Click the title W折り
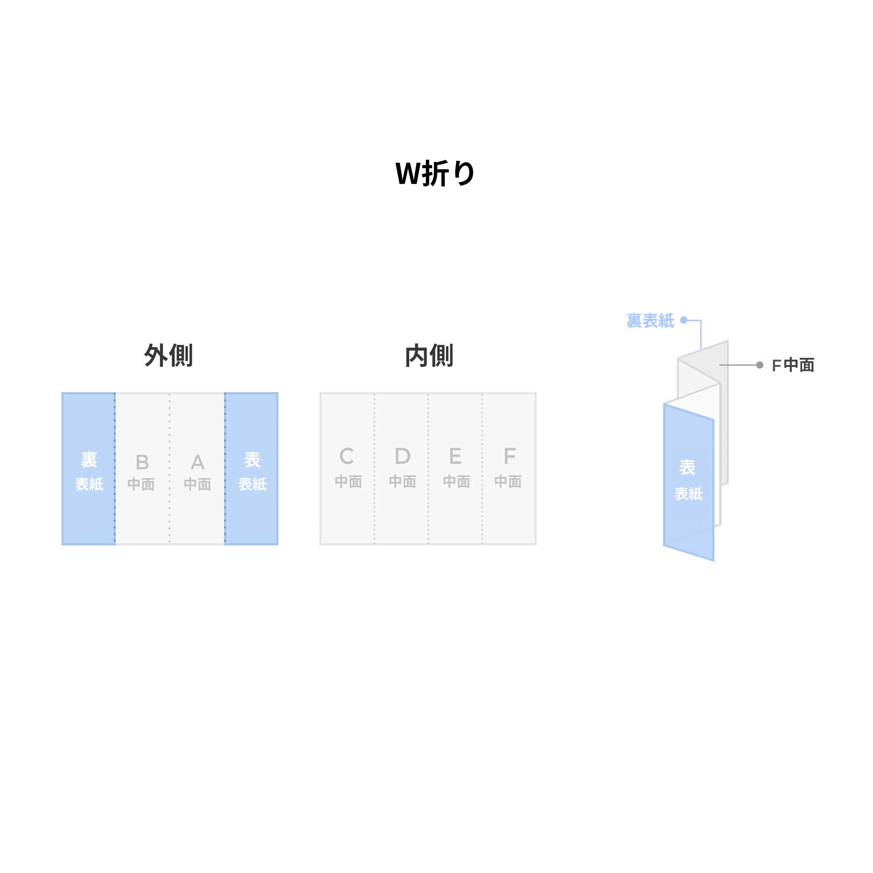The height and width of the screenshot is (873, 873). [435, 173]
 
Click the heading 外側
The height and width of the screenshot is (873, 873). [168, 355]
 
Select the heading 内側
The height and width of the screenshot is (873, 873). [429, 355]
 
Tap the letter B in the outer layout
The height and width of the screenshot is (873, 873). [142, 462]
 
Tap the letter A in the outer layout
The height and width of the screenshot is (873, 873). [197, 462]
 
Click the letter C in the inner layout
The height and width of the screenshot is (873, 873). [347, 456]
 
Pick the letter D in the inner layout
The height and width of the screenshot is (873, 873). [402, 456]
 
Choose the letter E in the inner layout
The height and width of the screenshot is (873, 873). [455, 456]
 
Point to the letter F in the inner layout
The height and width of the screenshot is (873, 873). [509, 456]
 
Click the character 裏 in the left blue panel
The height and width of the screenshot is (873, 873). [89, 460]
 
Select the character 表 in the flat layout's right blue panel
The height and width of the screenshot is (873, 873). [252, 460]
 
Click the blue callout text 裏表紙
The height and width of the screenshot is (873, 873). [650, 321]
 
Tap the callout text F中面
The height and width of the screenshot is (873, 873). [793, 365]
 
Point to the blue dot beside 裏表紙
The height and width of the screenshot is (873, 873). [683, 320]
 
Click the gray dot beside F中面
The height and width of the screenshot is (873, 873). [759, 365]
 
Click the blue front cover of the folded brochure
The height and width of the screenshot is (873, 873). [688, 482]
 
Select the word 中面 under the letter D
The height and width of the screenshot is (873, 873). [402, 482]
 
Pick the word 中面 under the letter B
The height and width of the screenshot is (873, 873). [141, 484]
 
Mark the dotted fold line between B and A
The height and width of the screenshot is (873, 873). [170, 468]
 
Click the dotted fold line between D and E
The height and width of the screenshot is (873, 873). [428, 468]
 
